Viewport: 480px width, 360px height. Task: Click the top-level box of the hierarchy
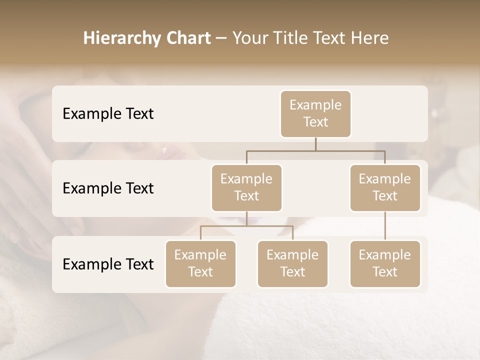point(315,113)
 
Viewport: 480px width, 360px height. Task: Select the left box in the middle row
point(246,187)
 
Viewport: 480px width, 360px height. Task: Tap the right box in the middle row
point(385,187)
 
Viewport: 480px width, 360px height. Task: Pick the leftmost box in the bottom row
point(200,263)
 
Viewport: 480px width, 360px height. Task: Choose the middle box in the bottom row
point(292,263)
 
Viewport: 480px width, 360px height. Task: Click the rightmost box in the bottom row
point(385,263)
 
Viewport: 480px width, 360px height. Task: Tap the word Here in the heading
point(370,38)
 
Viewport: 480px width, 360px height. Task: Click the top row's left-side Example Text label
point(108,113)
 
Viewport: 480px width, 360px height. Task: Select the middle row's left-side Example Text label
point(108,188)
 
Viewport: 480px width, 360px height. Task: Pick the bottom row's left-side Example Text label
point(108,264)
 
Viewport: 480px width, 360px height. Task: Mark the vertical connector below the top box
point(315,144)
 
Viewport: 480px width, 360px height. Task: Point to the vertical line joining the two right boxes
point(385,226)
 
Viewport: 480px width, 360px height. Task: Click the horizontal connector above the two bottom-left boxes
point(246,226)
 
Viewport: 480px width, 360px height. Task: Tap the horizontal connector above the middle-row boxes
point(315,150)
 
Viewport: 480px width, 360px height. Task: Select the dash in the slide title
point(221,38)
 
